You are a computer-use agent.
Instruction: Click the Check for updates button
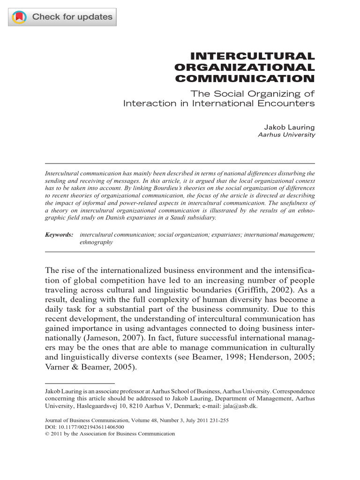tap(62, 17)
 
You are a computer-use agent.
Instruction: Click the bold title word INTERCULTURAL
tap(255, 57)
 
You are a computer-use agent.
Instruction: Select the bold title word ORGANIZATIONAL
tap(244, 68)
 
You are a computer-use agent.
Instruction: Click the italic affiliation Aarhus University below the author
tap(287, 135)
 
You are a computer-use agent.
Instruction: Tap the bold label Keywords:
tap(59, 234)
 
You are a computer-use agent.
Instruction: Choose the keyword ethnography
tap(97, 242)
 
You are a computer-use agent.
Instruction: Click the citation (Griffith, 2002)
tap(256, 290)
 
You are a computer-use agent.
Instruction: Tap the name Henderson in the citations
tap(264, 357)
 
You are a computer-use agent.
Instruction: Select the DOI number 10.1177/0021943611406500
tap(90, 427)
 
